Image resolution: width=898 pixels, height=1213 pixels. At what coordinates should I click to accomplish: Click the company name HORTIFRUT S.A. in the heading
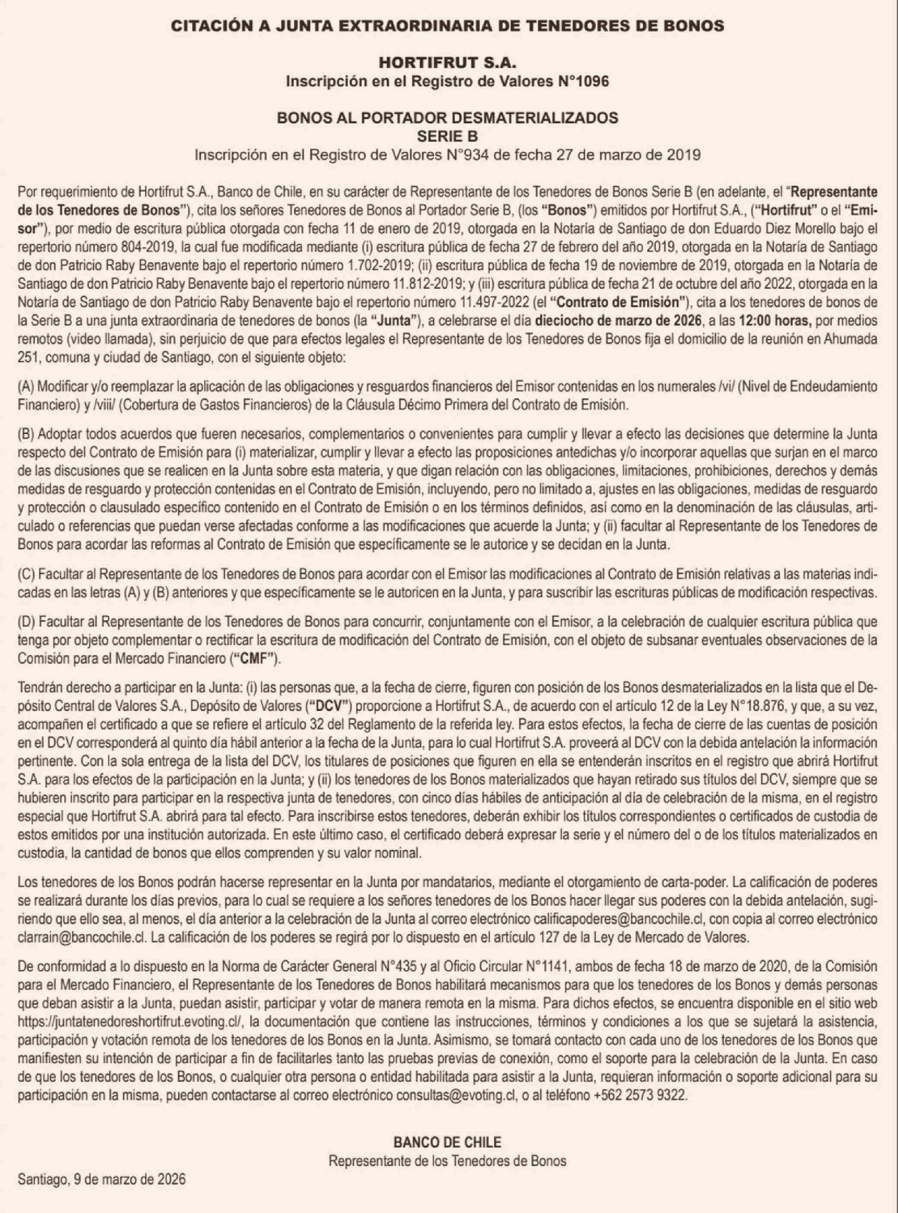(447, 64)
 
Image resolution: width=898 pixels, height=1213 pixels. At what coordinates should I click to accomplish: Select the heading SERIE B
(447, 136)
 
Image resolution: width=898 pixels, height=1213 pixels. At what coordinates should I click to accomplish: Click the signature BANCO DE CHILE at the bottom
(447, 1141)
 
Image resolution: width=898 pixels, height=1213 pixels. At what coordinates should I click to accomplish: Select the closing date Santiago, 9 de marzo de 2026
(102, 1179)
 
